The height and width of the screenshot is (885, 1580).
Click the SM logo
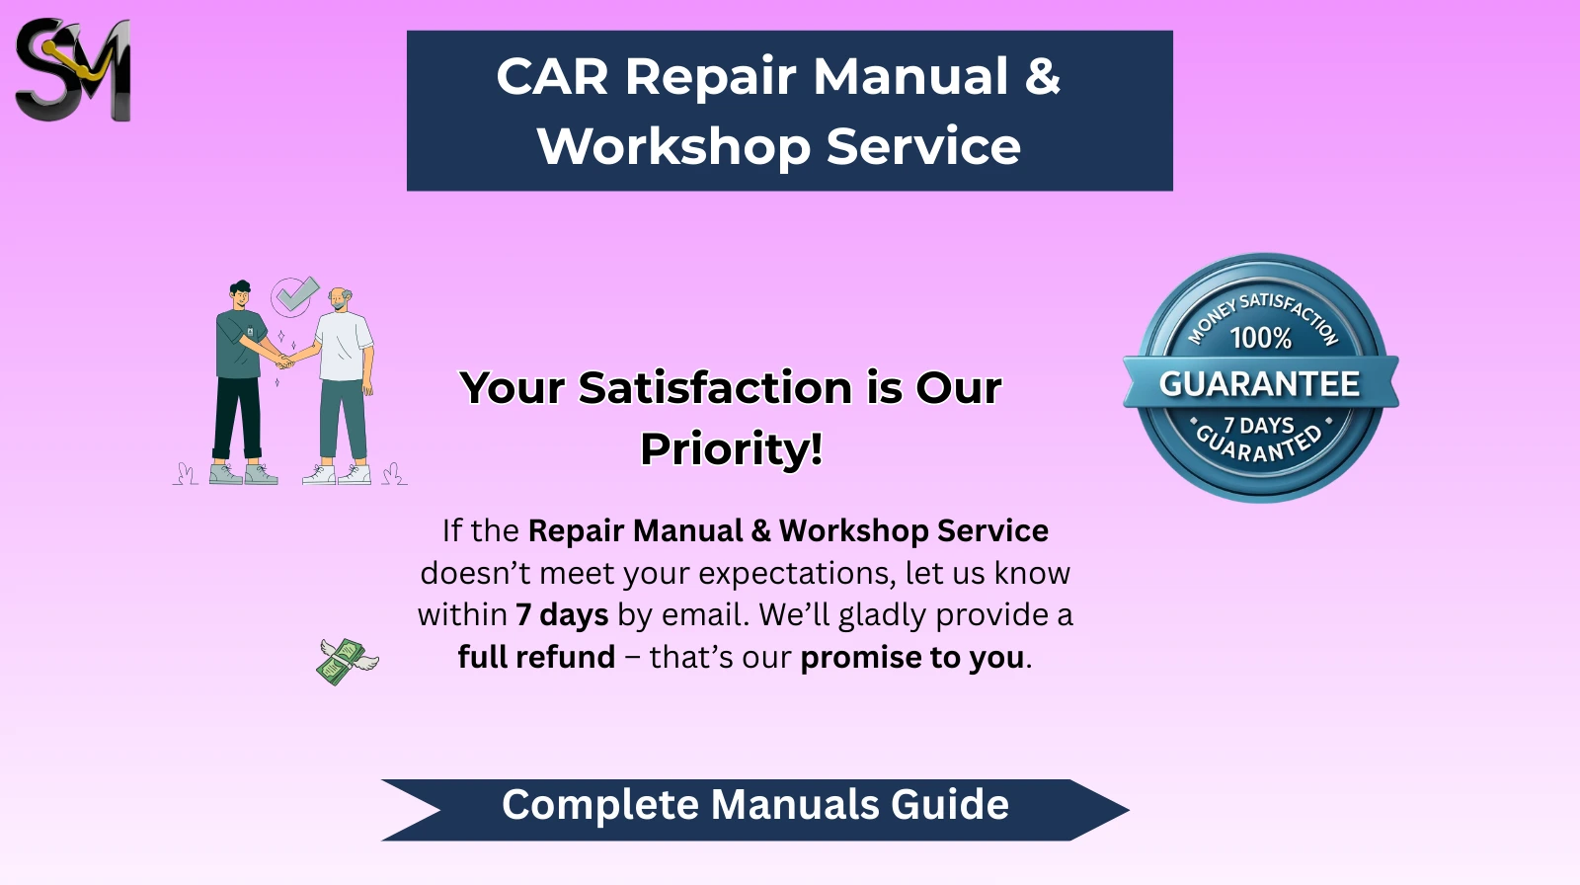tap(73, 69)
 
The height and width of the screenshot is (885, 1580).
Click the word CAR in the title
tap(552, 76)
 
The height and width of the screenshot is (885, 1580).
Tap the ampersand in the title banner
tap(1043, 75)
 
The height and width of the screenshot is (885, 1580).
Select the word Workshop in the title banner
tap(672, 146)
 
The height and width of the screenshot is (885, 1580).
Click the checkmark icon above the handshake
tap(295, 295)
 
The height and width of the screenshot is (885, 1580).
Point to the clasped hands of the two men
tap(285, 362)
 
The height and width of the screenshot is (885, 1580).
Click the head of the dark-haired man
tap(240, 294)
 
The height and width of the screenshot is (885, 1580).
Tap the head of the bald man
tap(340, 299)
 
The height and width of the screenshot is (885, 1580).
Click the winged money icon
tap(347, 661)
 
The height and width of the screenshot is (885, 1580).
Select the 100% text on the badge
tap(1260, 338)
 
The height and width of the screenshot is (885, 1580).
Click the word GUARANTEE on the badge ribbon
tap(1259, 384)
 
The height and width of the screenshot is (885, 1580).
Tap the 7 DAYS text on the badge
tap(1259, 426)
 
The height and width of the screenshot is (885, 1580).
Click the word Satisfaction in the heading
tap(715, 387)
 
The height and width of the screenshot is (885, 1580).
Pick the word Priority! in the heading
tap(732, 448)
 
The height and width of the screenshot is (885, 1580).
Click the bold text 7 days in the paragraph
tap(562, 614)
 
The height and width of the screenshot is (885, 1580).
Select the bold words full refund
tap(536, 657)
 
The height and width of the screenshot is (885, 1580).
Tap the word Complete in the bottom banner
tap(600, 805)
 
